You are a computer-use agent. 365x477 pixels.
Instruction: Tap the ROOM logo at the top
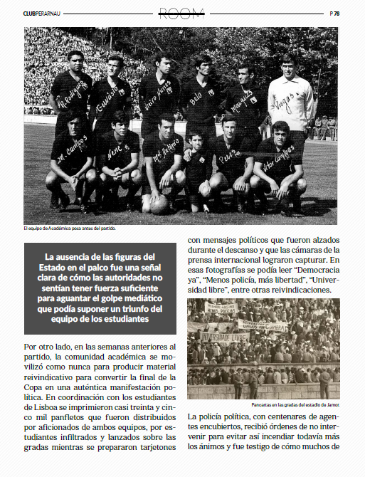click(182, 12)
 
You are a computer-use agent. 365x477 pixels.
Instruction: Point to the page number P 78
click(334, 13)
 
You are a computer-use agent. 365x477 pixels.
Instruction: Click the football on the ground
click(160, 204)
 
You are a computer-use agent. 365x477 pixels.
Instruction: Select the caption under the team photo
click(69, 229)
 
